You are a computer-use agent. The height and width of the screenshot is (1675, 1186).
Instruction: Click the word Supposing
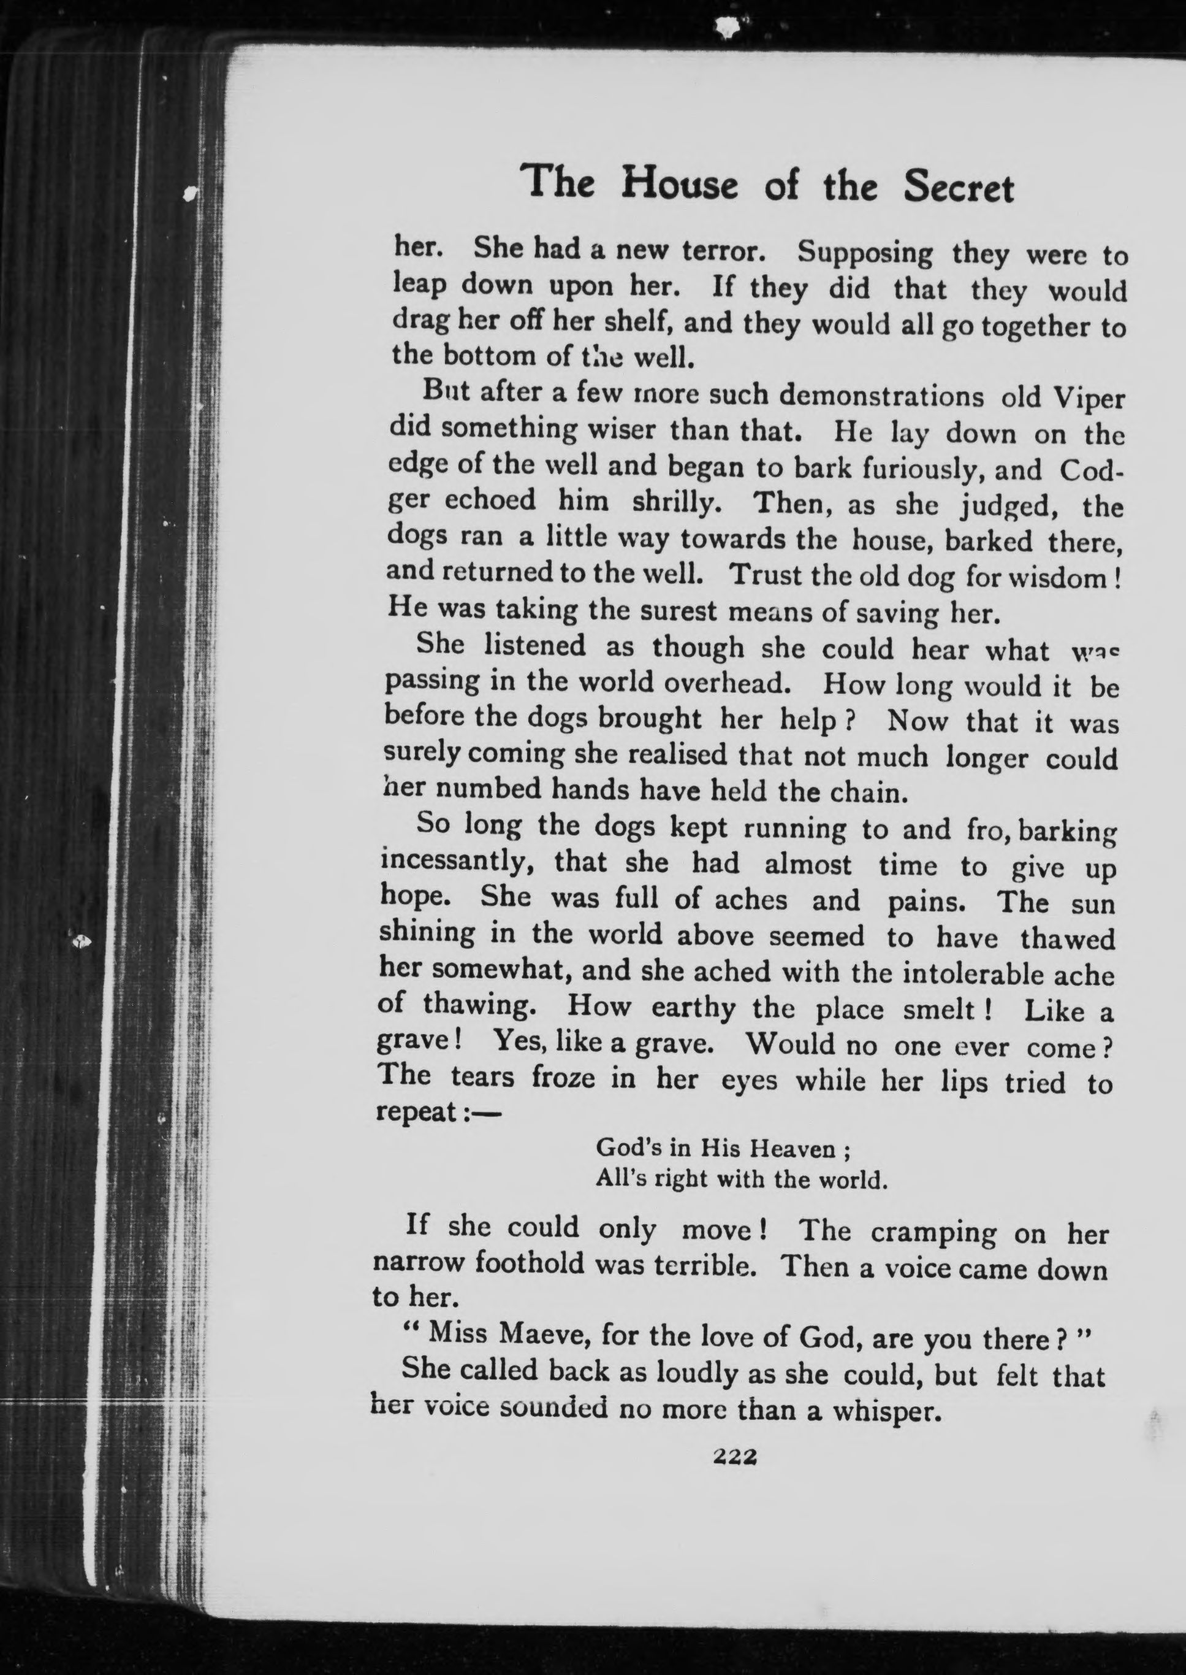tap(865, 252)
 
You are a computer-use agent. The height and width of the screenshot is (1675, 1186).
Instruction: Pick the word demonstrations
tap(881, 396)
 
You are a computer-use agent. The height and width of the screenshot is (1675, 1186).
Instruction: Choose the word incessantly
tap(453, 862)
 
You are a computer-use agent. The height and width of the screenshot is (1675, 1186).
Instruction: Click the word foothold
tap(530, 1263)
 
